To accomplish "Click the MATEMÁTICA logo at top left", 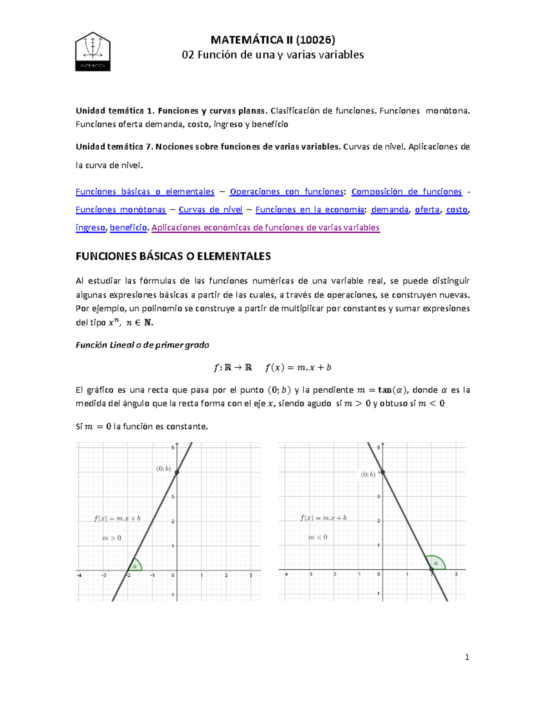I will click(93, 51).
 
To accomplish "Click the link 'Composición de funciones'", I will click(406, 192).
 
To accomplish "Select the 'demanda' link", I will click(389, 210).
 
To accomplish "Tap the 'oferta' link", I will click(427, 210).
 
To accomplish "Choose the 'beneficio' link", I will click(128, 227).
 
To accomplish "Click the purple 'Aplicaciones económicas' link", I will click(265, 227).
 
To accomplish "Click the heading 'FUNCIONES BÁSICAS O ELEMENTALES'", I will click(173, 256).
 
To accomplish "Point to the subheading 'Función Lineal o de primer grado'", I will click(142, 345).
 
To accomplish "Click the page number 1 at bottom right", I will click(467, 657).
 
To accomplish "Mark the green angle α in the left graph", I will click(135, 566).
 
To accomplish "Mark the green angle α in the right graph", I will click(436, 563).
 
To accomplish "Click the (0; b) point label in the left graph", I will click(163, 469).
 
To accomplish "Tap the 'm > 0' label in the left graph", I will click(111, 538).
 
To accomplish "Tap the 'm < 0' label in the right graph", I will click(318, 537).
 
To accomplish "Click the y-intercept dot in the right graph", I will click(383, 472).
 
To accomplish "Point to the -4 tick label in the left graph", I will click(80, 575).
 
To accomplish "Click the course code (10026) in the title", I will click(315, 40).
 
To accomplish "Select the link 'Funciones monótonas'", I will click(121, 210).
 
